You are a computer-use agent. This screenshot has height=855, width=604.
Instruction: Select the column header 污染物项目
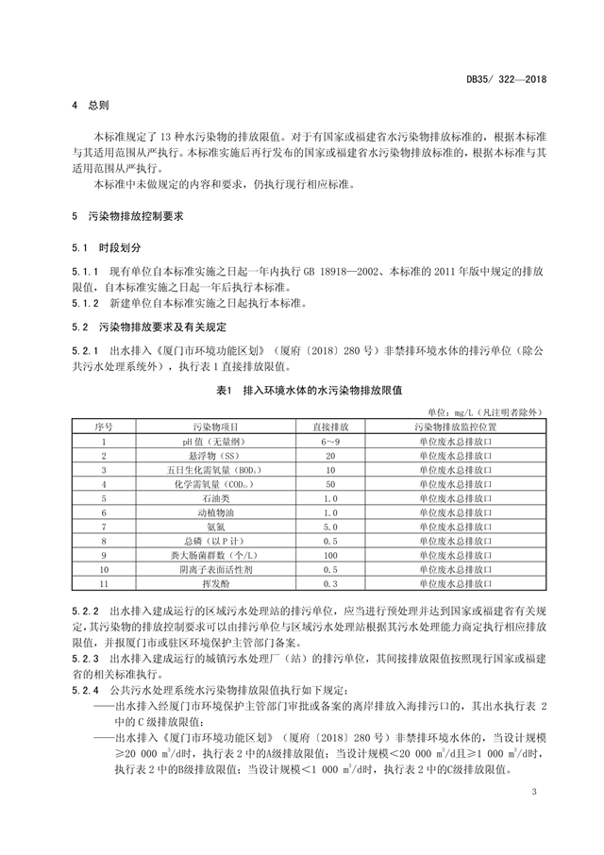pyautogui.click(x=223, y=427)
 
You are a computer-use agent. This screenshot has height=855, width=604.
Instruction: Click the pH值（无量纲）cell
pyautogui.click(x=223, y=441)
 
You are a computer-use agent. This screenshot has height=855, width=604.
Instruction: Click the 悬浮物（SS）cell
pyautogui.click(x=223, y=455)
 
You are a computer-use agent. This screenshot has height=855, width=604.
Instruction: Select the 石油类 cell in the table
pyautogui.click(x=223, y=497)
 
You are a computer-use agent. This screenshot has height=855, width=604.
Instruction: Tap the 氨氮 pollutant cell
pyautogui.click(x=223, y=526)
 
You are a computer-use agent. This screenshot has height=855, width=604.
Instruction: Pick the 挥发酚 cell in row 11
pyautogui.click(x=223, y=583)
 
